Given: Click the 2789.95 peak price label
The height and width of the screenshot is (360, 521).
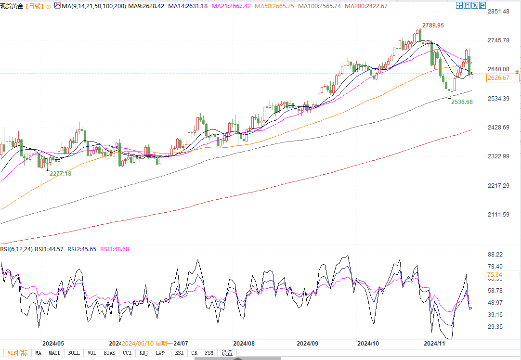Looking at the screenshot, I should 433,25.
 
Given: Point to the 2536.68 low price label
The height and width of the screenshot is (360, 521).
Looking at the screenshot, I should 462,102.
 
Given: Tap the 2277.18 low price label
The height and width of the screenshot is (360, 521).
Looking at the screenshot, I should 60,173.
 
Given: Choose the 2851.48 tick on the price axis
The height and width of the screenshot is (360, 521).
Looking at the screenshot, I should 499,12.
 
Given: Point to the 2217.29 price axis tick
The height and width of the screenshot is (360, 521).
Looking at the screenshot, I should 499,186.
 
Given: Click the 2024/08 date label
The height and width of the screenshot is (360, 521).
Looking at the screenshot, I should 243,344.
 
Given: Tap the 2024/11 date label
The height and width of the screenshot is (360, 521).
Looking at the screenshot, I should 433,344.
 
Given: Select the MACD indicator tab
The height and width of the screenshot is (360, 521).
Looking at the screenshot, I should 54,353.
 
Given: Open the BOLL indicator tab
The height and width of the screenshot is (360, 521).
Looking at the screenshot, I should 74,353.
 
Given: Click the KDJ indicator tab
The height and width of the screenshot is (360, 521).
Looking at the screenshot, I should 143,353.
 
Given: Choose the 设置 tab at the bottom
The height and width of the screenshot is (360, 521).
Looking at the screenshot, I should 227,353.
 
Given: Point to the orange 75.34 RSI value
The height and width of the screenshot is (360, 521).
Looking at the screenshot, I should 495,275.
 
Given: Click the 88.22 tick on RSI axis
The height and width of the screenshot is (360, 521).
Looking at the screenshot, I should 495,255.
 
